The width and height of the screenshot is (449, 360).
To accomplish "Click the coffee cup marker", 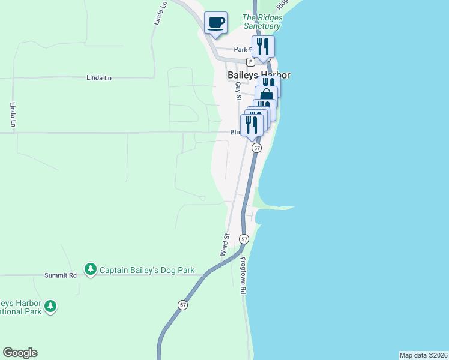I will pos(216,23).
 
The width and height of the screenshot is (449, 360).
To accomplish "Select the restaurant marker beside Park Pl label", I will pos(263,47).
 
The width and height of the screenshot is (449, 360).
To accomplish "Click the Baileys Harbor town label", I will pos(259,76).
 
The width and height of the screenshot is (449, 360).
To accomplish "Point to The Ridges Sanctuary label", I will pos(262,22).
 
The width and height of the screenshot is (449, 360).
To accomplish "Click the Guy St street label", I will pos(238,91).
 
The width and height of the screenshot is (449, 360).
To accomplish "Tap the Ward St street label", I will pos(224,245).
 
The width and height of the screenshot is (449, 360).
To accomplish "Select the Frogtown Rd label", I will pos(243,275).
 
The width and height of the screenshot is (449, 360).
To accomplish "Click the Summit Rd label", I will pos(61,275).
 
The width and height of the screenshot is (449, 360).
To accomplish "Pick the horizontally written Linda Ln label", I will pos(99,78).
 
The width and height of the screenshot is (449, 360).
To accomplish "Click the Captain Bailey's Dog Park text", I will pos(147,270).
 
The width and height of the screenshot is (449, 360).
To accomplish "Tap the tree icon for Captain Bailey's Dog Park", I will pos(90,269).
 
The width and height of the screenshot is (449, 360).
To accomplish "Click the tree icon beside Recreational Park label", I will pos(51,307).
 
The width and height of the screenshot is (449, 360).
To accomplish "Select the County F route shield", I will pos(250,62).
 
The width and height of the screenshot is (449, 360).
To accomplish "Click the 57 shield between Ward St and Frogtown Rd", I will pos(244,239).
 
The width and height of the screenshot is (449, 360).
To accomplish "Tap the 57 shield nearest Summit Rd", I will pos(183,305).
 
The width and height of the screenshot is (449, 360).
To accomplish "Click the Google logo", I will pos(20,353).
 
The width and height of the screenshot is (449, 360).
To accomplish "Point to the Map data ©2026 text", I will pos(424,355).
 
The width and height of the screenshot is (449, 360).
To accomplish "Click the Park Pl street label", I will pos(241,50).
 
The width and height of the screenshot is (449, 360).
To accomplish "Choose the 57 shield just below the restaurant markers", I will pos(256,148).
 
